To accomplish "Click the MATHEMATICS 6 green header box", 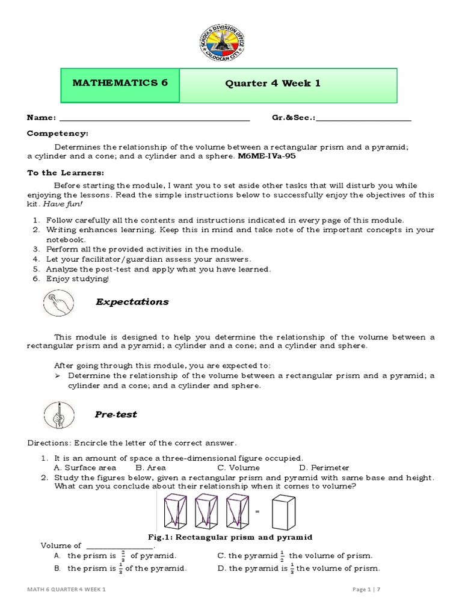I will (x=120, y=84).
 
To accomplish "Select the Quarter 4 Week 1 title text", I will (x=273, y=84).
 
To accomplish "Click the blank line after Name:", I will (x=155, y=119).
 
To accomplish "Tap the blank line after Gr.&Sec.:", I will (x=363, y=119).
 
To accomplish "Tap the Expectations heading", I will (x=132, y=302).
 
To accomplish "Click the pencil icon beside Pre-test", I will (x=59, y=415).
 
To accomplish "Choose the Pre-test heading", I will (x=116, y=414).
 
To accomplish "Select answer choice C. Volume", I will (x=239, y=467).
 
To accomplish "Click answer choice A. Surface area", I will (x=85, y=467).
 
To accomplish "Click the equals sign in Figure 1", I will (x=257, y=511).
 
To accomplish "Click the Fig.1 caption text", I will (x=230, y=537).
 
